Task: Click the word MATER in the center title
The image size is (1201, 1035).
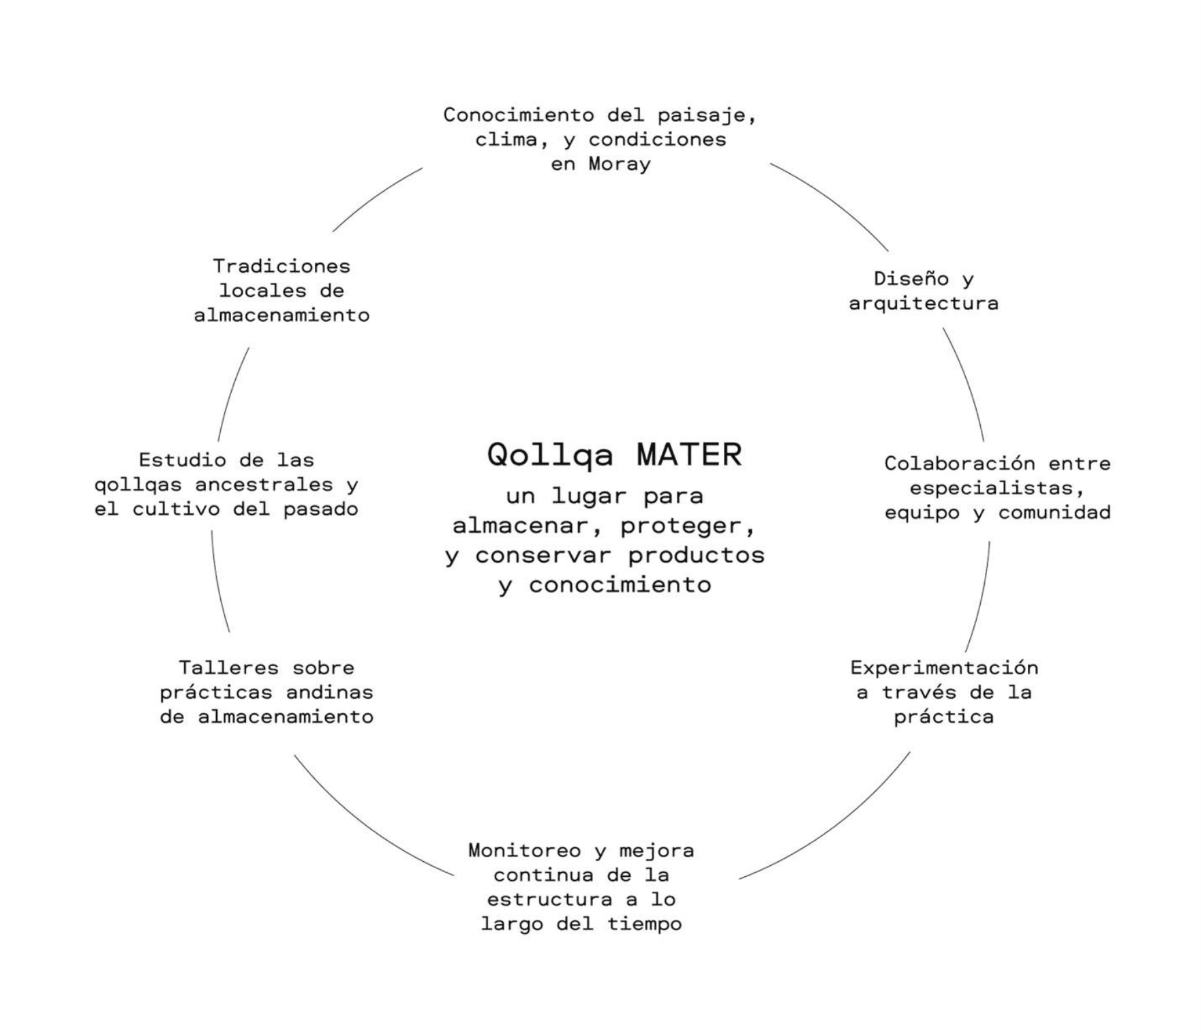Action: pyautogui.click(x=689, y=455)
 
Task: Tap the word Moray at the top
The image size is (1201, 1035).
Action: pyautogui.click(x=620, y=164)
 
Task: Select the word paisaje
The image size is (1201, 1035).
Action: pyautogui.click(x=707, y=115)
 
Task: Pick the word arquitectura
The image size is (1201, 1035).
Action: pyautogui.click(x=924, y=303)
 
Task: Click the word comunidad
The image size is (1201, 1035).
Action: pyautogui.click(x=1054, y=513)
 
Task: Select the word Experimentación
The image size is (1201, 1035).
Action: pyautogui.click(x=944, y=667)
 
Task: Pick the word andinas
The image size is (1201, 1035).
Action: pyautogui.click(x=329, y=692)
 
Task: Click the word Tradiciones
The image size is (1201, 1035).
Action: pyautogui.click(x=282, y=266)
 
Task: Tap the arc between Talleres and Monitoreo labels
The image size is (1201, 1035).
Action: pyautogui.click(x=361, y=825)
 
